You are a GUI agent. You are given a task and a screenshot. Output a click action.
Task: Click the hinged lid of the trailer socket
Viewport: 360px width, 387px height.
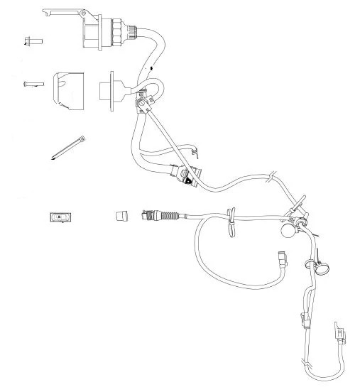pos(64,12)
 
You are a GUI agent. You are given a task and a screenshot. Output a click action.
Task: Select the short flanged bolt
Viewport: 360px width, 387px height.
pos(32,40)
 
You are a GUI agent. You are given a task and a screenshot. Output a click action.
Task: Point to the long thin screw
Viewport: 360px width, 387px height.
pos(32,84)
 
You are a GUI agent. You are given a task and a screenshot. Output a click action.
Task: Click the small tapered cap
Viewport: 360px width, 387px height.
pos(122,214)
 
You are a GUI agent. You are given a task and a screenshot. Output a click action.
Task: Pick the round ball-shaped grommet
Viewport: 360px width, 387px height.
pos(288,231)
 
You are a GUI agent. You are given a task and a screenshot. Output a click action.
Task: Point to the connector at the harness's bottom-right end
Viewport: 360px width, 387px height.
pos(339,334)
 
